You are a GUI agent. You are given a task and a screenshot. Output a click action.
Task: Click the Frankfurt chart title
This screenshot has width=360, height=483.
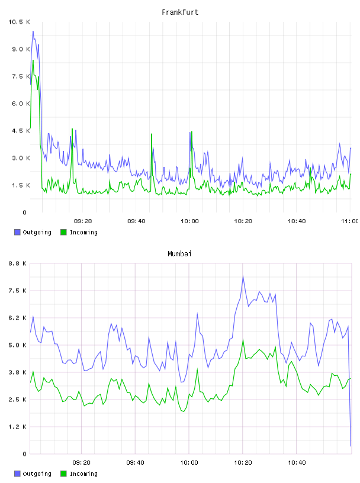180,12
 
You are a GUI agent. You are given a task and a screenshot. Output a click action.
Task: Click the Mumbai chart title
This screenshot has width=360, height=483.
179,254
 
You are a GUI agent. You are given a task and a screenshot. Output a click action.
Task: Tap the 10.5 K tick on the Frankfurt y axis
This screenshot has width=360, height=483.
19,22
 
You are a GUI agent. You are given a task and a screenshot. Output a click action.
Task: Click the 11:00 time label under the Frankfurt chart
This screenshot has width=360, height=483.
349,221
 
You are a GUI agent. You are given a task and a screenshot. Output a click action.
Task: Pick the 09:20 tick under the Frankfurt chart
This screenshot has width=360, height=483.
83,221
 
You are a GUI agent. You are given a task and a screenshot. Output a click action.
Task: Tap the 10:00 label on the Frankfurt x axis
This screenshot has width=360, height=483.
190,221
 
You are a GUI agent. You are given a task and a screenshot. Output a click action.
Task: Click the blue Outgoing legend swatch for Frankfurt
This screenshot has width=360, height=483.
17,232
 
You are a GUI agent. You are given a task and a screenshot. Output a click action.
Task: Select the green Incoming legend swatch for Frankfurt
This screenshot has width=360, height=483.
63,232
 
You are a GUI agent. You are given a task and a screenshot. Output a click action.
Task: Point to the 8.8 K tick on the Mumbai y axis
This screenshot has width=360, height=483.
18,263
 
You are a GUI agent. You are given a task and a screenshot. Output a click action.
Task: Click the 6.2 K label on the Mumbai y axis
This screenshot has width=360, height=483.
18,318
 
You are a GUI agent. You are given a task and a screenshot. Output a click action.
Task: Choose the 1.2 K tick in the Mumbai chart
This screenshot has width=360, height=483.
18,427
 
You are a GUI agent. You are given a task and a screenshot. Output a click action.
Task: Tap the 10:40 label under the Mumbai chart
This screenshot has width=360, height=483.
297,463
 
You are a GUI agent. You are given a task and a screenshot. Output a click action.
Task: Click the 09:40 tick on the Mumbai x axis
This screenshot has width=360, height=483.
136,463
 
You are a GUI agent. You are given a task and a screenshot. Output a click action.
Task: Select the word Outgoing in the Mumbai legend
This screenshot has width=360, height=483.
37,474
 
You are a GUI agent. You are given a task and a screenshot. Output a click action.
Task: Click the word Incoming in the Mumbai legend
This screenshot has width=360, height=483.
83,474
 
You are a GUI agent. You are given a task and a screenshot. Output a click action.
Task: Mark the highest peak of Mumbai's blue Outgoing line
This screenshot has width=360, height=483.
243,276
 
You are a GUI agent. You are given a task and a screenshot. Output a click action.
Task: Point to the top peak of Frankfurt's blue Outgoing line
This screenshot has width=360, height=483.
33,31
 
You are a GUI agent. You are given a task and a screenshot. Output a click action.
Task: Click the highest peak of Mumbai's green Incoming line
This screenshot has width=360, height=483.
243,339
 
